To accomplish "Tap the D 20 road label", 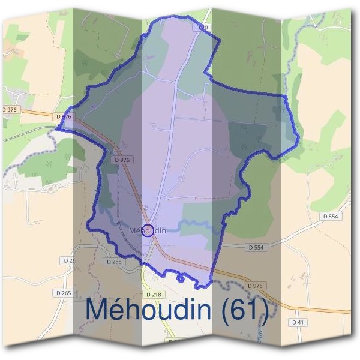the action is click(x=200, y=28).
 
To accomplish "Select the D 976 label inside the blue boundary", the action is click(x=122, y=160).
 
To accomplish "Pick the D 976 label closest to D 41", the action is click(x=255, y=286).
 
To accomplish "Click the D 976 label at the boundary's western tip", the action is click(x=62, y=116).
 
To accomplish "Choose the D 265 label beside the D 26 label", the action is click(x=113, y=262).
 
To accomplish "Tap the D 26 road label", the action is click(x=69, y=261).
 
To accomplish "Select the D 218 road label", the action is click(x=155, y=295).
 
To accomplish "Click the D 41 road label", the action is click(x=299, y=322).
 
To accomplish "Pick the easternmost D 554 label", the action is click(x=330, y=216).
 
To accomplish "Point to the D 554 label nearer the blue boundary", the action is click(x=256, y=247).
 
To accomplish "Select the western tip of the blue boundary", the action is click(x=57, y=128).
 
